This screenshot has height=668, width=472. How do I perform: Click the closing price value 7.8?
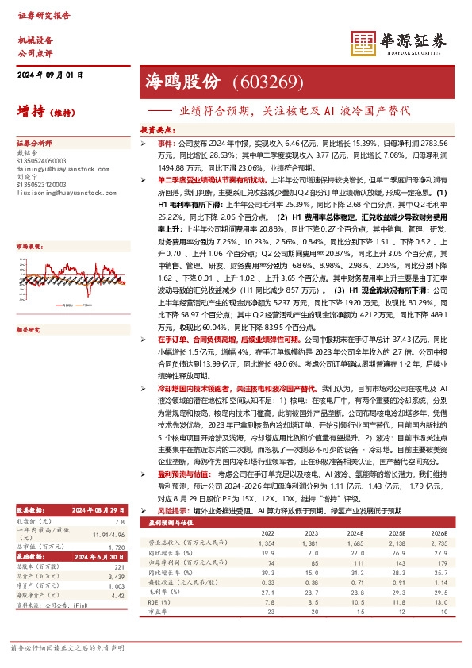pos(119,501)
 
